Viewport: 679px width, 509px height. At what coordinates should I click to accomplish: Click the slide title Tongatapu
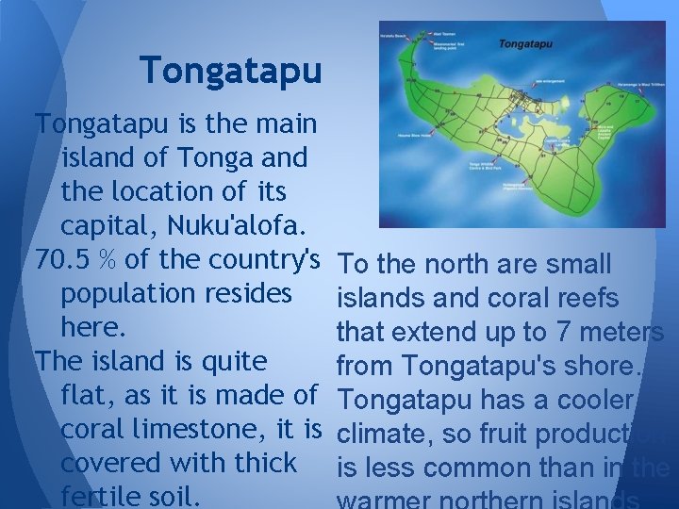click(x=231, y=69)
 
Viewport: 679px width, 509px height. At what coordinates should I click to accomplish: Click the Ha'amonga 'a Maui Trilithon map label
click(x=637, y=83)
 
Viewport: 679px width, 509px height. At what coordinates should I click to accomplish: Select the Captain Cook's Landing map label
click(x=549, y=145)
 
